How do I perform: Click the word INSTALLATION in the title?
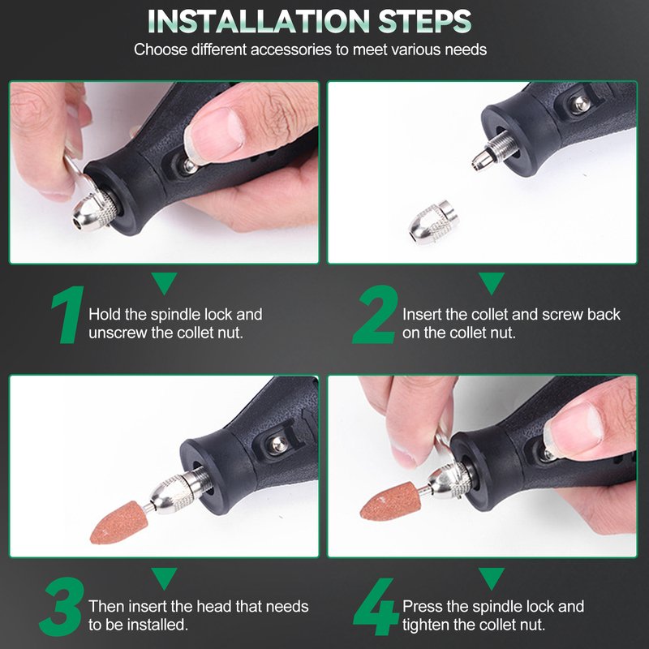[x=259, y=21]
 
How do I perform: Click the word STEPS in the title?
[x=424, y=21]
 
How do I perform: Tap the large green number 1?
[x=68, y=315]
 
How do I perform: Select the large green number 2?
[x=375, y=315]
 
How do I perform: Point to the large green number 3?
[x=62, y=607]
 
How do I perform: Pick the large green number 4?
[x=375, y=607]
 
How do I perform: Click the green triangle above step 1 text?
[x=165, y=283]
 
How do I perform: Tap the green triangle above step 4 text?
[x=492, y=578]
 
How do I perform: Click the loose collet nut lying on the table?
[x=431, y=222]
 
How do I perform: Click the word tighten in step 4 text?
[x=427, y=625]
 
